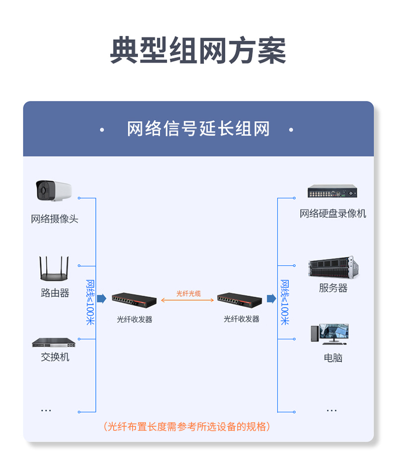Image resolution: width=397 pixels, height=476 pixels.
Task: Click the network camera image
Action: tap(54, 191)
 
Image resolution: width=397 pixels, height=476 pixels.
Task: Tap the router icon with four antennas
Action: tap(54, 268)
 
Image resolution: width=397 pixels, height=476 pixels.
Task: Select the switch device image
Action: tap(54, 342)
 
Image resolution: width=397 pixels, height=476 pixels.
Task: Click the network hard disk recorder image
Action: tap(332, 191)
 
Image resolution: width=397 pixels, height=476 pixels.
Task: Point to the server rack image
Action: tap(333, 267)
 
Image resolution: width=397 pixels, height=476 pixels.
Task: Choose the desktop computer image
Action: tap(330, 334)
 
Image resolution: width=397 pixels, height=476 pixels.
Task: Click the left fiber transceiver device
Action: tap(134, 300)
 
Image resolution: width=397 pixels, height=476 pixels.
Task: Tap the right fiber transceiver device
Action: tap(240, 300)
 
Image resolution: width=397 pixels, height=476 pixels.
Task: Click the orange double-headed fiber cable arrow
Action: tap(188, 300)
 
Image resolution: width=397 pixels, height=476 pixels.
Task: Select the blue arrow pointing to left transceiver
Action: tap(102, 299)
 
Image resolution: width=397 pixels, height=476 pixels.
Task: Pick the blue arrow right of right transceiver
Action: tap(271, 299)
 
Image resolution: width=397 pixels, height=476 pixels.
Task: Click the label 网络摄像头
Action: tap(55, 219)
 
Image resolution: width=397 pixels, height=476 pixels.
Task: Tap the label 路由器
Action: tap(55, 293)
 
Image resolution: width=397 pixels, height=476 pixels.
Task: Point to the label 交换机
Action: tap(55, 357)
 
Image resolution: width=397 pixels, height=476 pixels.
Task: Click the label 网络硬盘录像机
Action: tap(332, 214)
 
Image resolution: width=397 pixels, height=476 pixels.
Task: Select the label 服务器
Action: tap(333, 288)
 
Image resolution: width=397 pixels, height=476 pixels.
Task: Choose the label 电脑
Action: tap(333, 358)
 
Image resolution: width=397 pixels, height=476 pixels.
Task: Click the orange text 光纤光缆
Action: tap(189, 294)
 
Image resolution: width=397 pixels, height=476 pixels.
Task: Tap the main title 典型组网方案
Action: tap(198, 50)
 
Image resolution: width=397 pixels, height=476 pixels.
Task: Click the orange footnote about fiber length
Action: tap(187, 426)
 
